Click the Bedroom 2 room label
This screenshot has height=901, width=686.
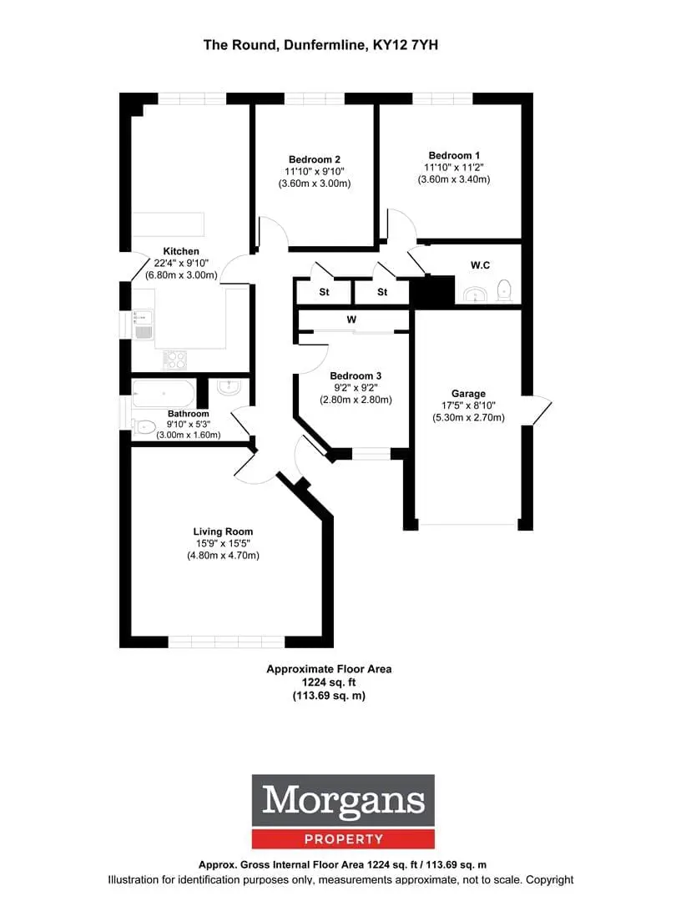pyautogui.click(x=314, y=159)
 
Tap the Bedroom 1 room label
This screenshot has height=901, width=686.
pyautogui.click(x=454, y=155)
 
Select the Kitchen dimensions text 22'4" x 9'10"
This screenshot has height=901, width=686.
pyautogui.click(x=181, y=263)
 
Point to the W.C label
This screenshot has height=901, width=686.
pyautogui.click(x=480, y=265)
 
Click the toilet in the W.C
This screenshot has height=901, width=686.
pyautogui.click(x=504, y=290)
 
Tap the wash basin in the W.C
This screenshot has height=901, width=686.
pyautogui.click(x=475, y=294)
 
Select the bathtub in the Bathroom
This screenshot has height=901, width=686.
pyautogui.click(x=164, y=394)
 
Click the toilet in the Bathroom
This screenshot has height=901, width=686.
pyautogui.click(x=144, y=426)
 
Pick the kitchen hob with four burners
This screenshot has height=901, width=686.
pyautogui.click(x=174, y=360)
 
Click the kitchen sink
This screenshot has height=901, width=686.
pyautogui.click(x=143, y=325)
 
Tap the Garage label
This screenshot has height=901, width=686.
pyautogui.click(x=468, y=394)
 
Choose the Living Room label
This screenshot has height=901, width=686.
pyautogui.click(x=223, y=531)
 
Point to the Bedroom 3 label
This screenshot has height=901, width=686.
pyautogui.click(x=356, y=375)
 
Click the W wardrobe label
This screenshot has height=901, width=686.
pyautogui.click(x=351, y=320)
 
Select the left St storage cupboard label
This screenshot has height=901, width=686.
pyautogui.click(x=325, y=292)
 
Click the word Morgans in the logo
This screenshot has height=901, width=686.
pyautogui.click(x=343, y=800)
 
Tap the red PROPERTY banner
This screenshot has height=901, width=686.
pyautogui.click(x=343, y=839)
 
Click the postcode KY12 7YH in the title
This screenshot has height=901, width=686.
pyautogui.click(x=406, y=45)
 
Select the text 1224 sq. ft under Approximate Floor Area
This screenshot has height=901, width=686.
pyautogui.click(x=329, y=682)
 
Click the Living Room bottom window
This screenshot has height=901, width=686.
pyautogui.click(x=226, y=642)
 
